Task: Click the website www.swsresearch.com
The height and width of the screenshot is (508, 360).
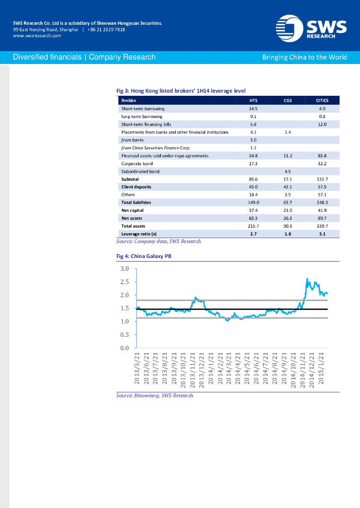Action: tap(37, 36)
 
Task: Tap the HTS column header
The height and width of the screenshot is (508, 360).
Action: tap(253, 100)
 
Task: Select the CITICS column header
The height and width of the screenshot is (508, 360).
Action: tap(322, 100)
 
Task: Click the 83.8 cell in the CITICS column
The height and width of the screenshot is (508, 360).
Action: tap(322, 156)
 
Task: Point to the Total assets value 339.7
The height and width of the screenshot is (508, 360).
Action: tap(322, 226)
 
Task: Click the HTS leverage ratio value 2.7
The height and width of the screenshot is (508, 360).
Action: tap(253, 234)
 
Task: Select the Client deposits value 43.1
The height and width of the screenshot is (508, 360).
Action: tap(288, 187)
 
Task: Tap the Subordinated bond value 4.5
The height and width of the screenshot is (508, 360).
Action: tap(288, 171)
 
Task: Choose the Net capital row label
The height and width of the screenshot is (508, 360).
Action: tap(133, 210)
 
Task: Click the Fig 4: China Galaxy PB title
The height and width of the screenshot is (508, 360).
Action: tap(144, 256)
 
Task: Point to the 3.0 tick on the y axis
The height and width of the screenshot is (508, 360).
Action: tap(125, 269)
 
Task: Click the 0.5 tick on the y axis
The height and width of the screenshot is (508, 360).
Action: tap(125, 335)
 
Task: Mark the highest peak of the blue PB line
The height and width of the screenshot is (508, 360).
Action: tap(307, 279)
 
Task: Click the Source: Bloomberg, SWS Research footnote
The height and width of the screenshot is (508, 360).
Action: tap(154, 395)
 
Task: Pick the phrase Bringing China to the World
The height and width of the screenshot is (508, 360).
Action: tap(304, 57)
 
